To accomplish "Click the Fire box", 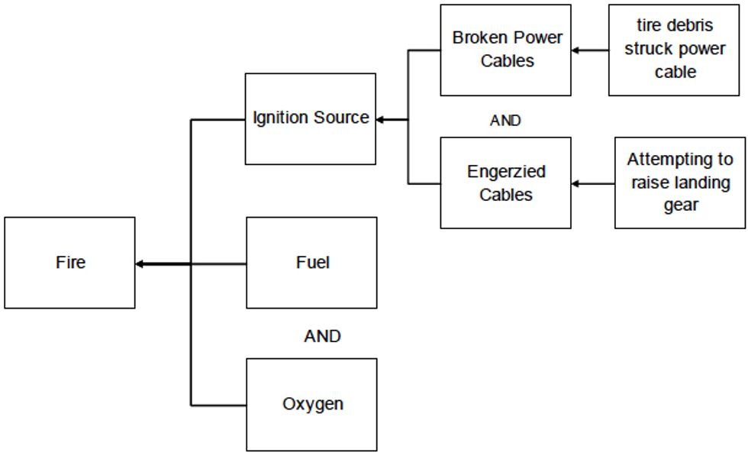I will [69, 263].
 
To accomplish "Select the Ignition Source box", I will [310, 118].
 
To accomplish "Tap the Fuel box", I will [311, 263].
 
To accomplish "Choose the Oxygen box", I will [311, 404].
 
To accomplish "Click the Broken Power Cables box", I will [505, 50].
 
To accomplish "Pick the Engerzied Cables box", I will [505, 183].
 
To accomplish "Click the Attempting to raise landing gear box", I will [679, 183].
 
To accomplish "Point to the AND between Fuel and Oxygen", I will [322, 336].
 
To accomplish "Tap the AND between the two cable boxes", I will [505, 121].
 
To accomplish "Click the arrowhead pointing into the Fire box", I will [140, 264].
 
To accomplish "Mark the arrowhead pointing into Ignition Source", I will [380, 119].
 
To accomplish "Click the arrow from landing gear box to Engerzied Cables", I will [592, 183].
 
